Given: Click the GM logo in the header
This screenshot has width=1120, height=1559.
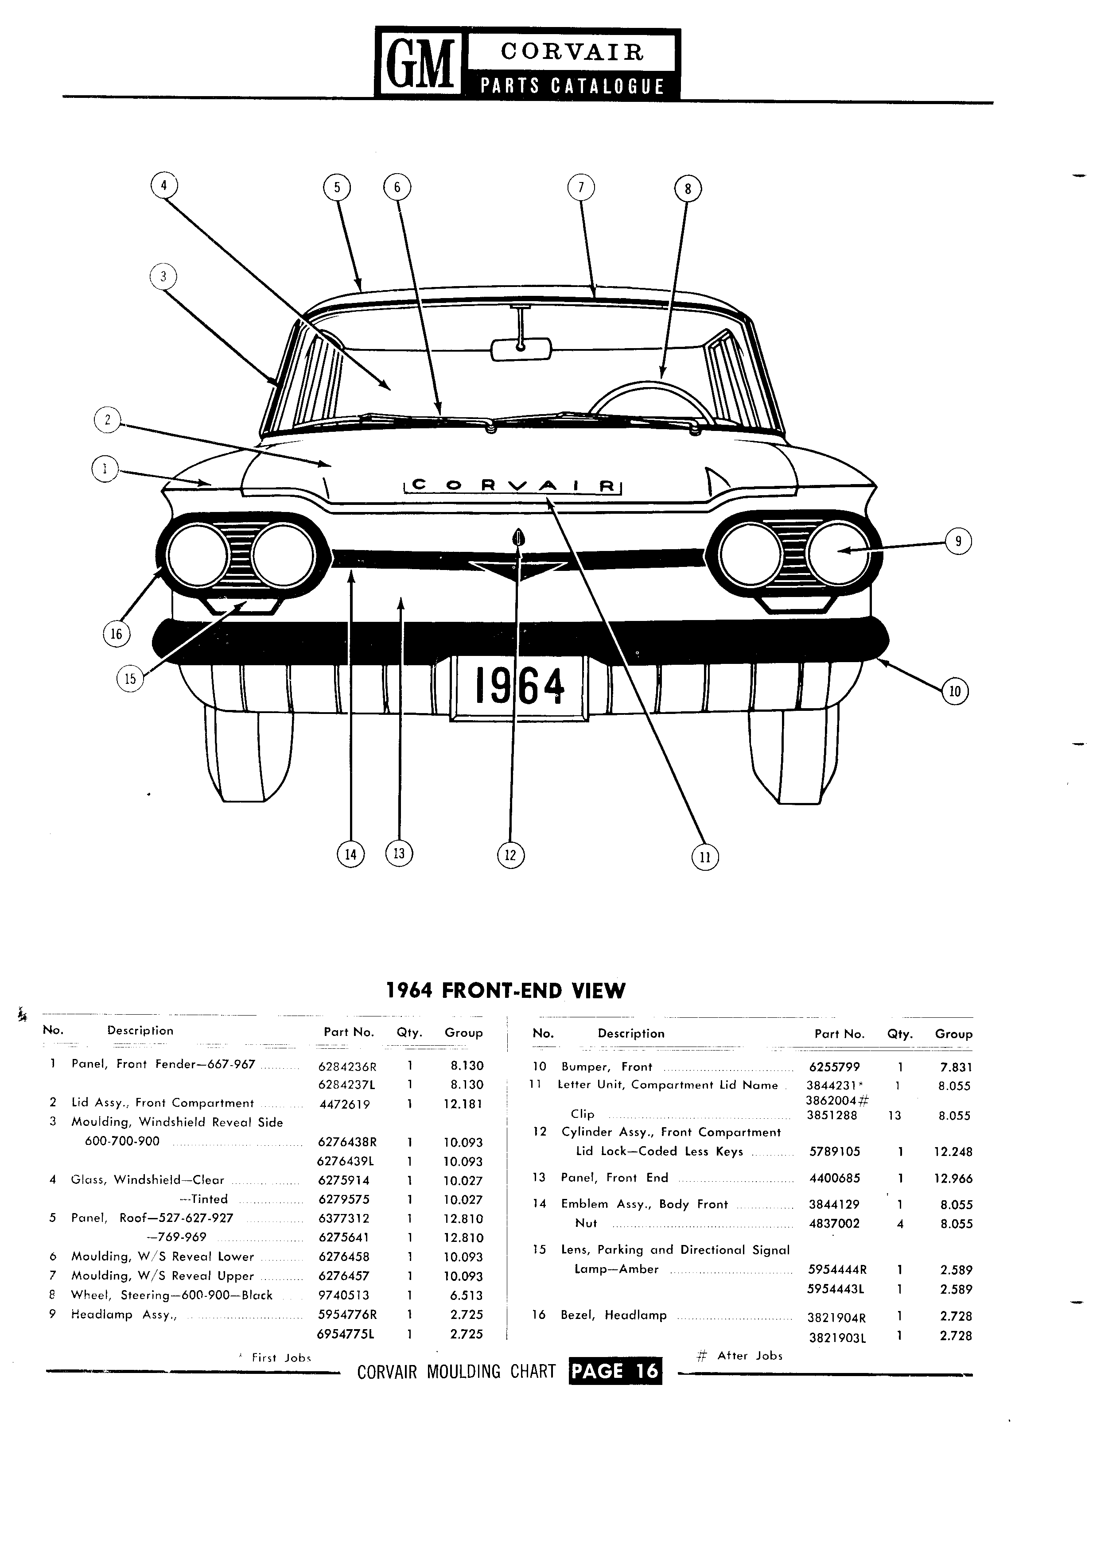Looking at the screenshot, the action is point(420,64).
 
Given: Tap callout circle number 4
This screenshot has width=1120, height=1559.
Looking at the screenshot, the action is point(163,186).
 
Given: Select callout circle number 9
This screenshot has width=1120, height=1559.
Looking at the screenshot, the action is point(958,541).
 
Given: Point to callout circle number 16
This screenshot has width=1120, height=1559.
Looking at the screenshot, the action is point(116,633).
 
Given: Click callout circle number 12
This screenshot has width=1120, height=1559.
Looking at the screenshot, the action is point(510,856).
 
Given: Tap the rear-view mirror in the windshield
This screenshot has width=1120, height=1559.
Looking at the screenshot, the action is point(521,349).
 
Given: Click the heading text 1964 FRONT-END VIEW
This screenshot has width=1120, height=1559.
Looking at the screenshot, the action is point(506,990).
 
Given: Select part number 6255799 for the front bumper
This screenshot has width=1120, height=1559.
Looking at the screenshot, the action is point(834,1067).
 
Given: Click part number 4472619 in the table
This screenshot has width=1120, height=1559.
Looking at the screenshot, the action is point(344,1105).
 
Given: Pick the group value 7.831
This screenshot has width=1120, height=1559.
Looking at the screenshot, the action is point(956,1067).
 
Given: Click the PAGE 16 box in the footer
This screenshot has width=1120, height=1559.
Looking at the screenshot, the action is point(615,1371).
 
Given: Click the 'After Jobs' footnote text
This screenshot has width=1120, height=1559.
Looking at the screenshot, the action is point(750,1356).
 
